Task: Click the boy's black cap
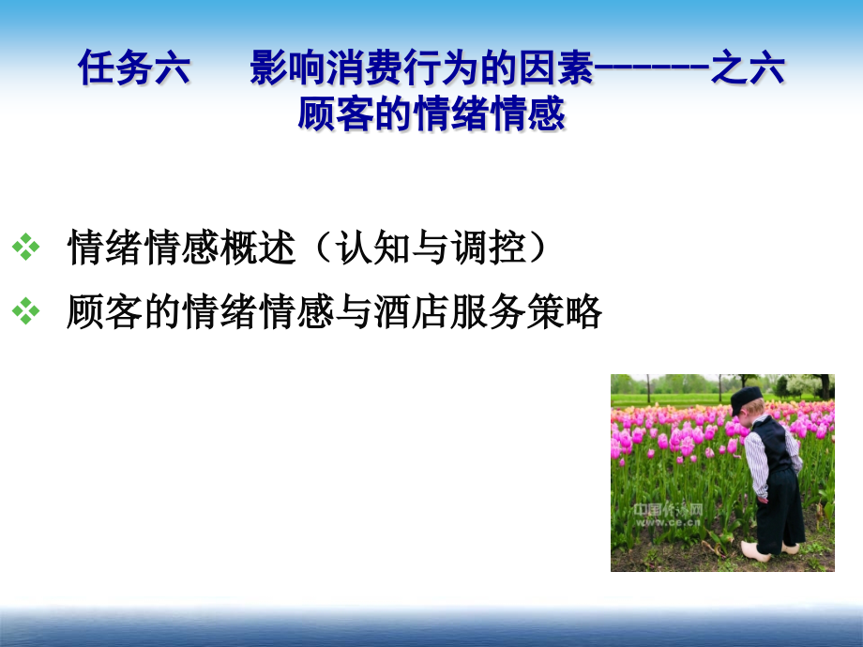click(x=747, y=398)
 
